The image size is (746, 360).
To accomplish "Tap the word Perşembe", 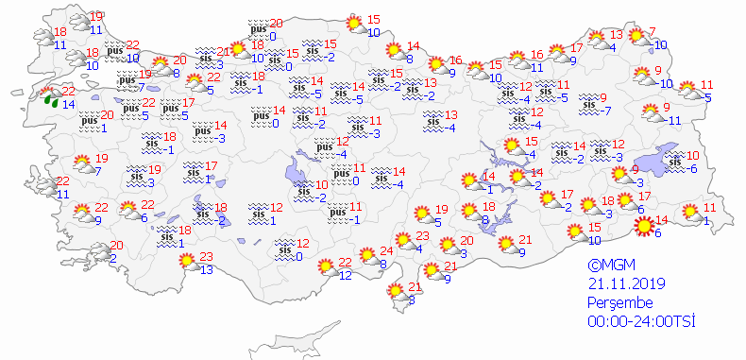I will point(619,303).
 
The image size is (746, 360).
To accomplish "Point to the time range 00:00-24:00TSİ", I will point(639,322).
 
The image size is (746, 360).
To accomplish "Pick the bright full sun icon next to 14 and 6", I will point(645,226).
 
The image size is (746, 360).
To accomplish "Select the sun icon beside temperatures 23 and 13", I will point(187,259).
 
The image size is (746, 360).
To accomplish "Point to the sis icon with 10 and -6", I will point(674,162).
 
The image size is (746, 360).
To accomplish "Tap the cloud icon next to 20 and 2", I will point(98,253).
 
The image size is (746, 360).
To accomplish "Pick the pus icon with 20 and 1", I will point(89,121).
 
